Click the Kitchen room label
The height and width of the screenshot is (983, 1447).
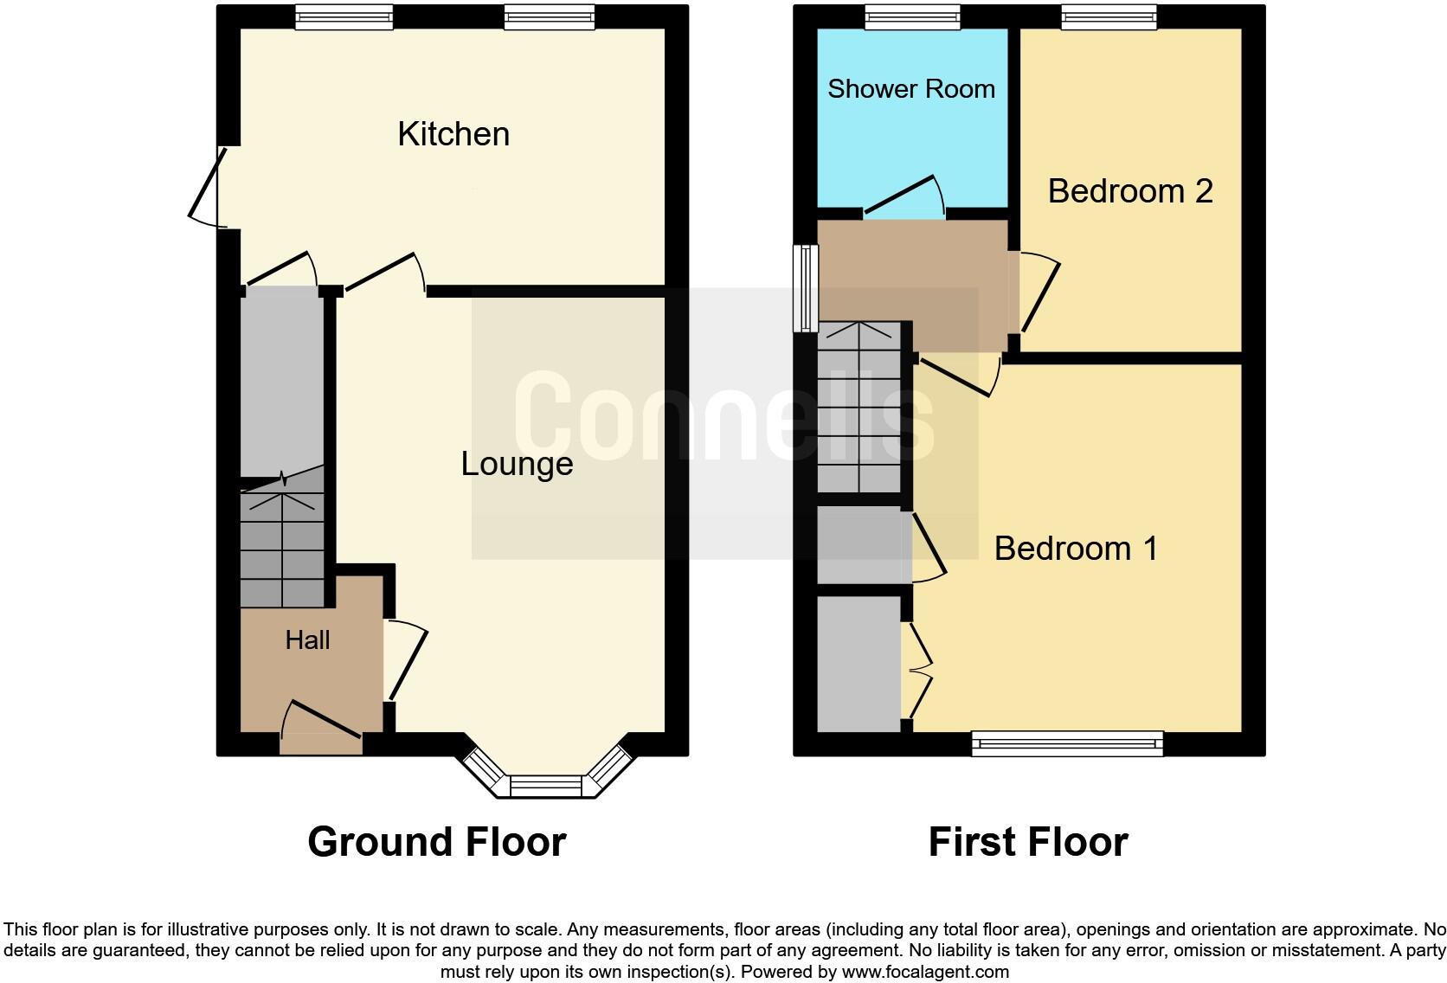[453, 134]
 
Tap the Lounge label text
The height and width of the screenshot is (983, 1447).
[517, 464]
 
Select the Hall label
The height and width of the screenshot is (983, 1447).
[307, 639]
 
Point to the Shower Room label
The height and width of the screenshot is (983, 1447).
[911, 88]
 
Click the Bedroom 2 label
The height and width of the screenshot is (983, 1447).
[1130, 190]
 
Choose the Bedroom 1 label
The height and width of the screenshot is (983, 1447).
[1076, 548]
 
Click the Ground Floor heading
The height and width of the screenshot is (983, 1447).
[437, 841]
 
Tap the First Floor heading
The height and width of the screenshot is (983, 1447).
[1028, 841]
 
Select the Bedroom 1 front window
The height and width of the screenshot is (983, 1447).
[1067, 742]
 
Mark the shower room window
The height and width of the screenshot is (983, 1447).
[912, 16]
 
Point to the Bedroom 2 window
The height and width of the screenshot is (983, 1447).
[1109, 16]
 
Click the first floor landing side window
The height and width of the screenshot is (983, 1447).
[807, 288]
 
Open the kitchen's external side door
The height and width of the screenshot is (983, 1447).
[208, 186]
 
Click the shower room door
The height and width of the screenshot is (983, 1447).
[904, 197]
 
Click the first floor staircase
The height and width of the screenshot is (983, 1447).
[860, 407]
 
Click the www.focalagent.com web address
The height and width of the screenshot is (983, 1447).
[925, 971]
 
